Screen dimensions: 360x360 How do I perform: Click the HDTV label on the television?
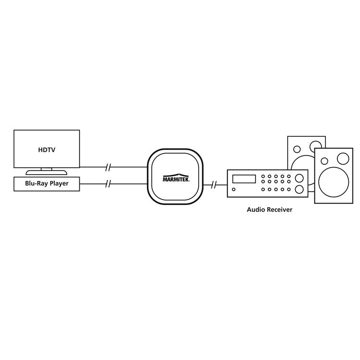point(47,150)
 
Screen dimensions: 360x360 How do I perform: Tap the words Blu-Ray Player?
point(47,183)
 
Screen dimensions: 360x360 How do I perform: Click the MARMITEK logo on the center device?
point(176,178)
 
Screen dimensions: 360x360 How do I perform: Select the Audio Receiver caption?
point(269,210)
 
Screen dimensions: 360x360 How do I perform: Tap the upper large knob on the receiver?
point(300,178)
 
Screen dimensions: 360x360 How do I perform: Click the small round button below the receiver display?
point(233,190)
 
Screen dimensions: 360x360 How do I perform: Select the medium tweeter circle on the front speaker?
point(343,158)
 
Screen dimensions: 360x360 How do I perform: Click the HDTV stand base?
point(47,172)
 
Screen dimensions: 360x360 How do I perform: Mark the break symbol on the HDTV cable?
point(108,168)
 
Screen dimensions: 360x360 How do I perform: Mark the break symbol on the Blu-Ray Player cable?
point(108,183)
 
